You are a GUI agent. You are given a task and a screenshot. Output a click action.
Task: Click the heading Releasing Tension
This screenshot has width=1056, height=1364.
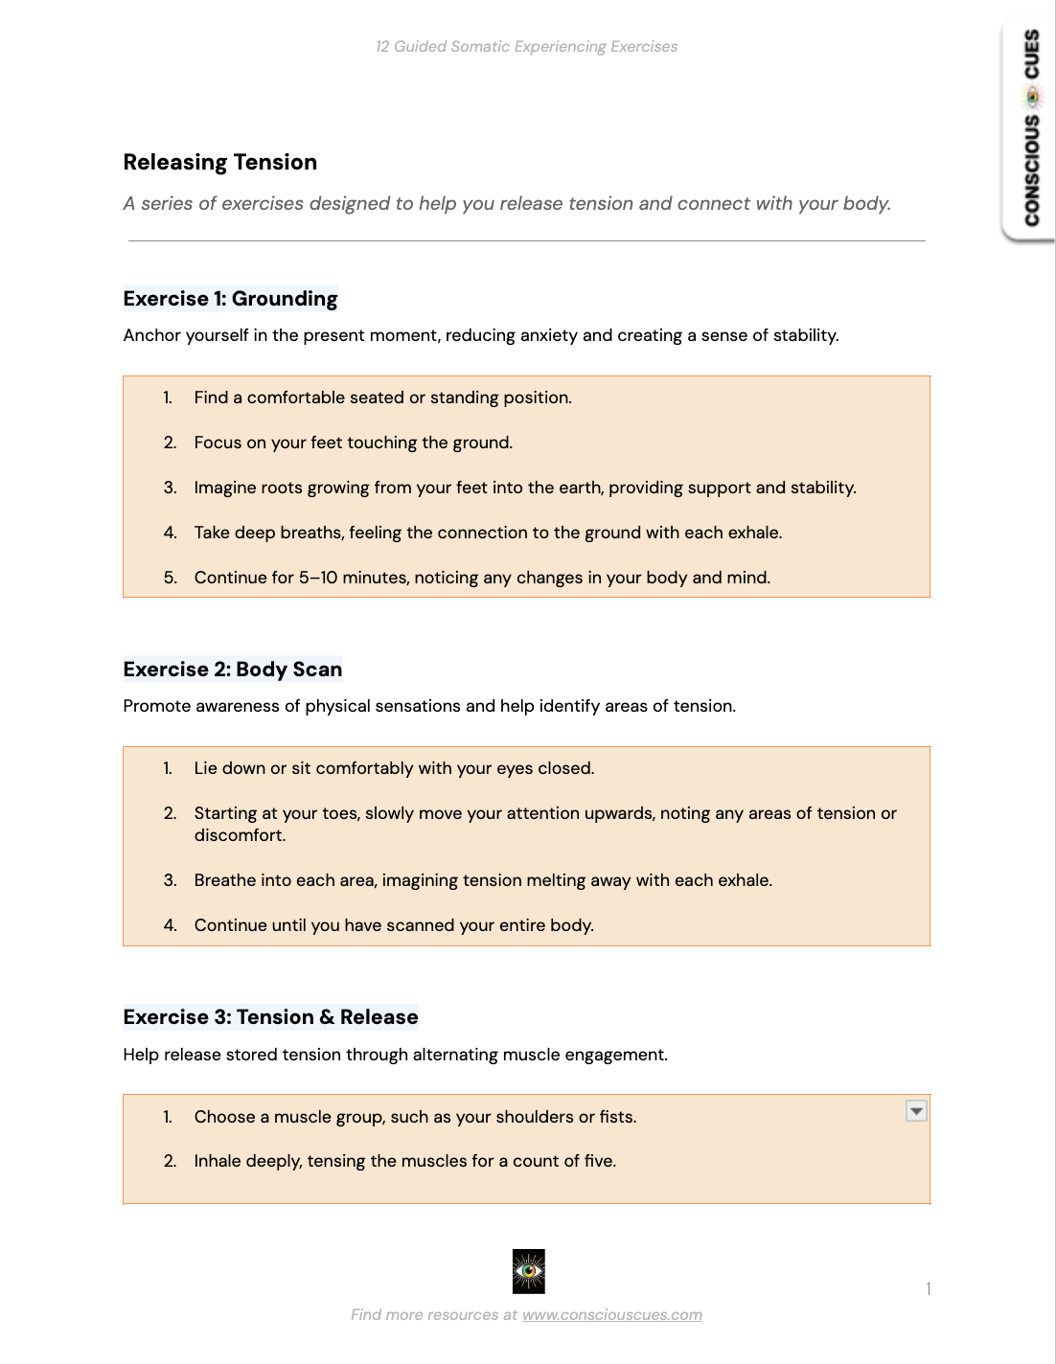(x=219, y=163)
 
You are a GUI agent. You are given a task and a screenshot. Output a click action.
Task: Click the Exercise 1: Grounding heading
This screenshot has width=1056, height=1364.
(x=230, y=299)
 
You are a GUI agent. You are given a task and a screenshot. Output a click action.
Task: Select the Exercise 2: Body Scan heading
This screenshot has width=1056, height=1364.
(x=232, y=670)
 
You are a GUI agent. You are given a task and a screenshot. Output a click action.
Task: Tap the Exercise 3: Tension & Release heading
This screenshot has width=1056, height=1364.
(x=270, y=1017)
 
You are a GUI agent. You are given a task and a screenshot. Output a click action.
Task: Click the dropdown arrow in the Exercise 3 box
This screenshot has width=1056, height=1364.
(x=916, y=1111)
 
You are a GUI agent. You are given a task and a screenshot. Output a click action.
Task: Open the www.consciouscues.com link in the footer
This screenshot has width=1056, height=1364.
(x=611, y=1315)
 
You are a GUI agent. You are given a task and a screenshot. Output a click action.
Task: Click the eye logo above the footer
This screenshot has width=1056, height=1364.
(x=528, y=1271)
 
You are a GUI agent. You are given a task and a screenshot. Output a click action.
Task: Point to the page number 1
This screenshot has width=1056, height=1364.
(x=928, y=1289)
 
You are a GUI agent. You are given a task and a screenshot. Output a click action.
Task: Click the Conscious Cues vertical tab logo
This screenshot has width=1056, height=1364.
(x=1031, y=127)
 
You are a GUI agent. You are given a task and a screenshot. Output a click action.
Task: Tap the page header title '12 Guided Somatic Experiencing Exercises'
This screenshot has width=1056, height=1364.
(x=526, y=47)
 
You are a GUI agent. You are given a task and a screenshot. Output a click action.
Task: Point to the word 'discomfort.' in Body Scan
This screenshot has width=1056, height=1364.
(x=240, y=835)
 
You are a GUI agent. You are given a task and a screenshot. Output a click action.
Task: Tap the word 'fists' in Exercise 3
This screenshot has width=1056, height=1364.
(x=616, y=1117)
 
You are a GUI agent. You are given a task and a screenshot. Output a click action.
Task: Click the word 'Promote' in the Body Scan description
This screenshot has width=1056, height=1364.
(x=156, y=706)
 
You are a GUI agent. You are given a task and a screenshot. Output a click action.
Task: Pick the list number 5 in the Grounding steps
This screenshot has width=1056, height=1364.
(x=170, y=578)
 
